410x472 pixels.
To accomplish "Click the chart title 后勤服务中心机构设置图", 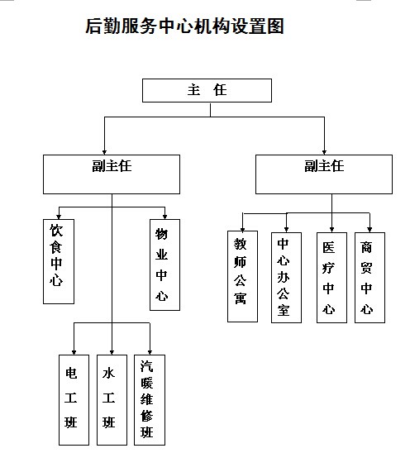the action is pyautogui.click(x=185, y=26).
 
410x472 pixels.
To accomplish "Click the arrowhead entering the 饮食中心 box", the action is pyautogui.click(x=59, y=217).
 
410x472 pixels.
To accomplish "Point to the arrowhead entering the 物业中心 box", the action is pyautogui.click(x=164, y=217).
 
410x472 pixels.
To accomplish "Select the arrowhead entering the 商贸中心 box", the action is pyautogui.click(x=369, y=230).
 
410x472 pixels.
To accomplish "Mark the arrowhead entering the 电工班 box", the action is pyautogui.click(x=74, y=352).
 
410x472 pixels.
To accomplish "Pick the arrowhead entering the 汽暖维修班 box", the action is pyautogui.click(x=150, y=352).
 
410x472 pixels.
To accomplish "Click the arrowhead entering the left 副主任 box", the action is pyautogui.click(x=104, y=152).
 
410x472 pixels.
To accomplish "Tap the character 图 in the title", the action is pyautogui.click(x=276, y=26).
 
